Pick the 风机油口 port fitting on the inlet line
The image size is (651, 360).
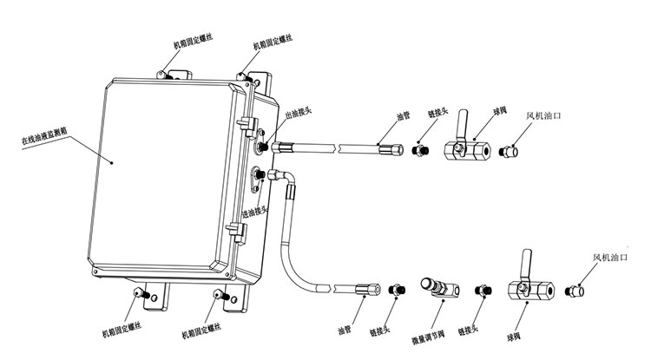coord(575,289)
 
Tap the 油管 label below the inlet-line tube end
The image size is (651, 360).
coord(345,330)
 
